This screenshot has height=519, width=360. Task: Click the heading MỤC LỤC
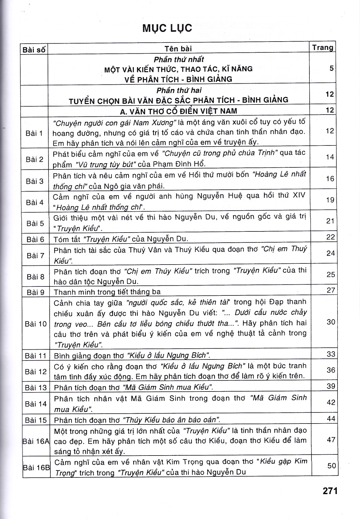tap(167, 28)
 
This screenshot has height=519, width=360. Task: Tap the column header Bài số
tap(34, 50)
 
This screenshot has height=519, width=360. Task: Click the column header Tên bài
tap(178, 49)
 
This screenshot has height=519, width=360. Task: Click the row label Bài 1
tap(34, 133)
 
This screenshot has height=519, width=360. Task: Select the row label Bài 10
tap(36, 324)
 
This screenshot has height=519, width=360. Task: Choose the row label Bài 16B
tap(36, 467)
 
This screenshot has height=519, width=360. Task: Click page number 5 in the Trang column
tap(332, 68)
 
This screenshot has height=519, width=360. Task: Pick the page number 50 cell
tap(332, 465)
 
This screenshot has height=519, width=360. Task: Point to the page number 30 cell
tap(331, 322)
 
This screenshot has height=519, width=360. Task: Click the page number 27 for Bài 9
tap(331, 290)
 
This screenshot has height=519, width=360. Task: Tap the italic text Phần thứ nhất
tap(179, 60)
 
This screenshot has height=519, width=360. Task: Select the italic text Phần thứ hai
tap(179, 90)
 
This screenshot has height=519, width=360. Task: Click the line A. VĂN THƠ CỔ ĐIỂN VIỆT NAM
tap(178, 111)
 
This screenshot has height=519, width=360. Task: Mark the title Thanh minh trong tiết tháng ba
tap(107, 292)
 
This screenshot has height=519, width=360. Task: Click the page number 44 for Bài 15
tap(331, 418)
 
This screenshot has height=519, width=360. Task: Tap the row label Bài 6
tap(35, 239)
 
